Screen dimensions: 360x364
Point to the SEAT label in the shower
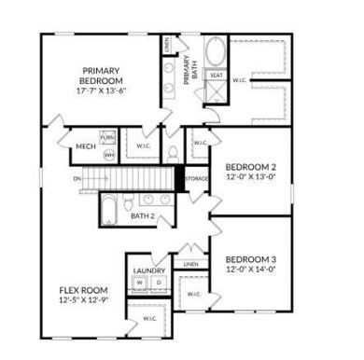click(216, 75)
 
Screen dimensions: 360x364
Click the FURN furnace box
click(108, 137)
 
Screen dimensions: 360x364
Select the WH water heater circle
click(108, 154)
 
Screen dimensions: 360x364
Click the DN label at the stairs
click(77, 177)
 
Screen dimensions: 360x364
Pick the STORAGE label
click(196, 177)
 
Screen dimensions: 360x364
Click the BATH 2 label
click(142, 216)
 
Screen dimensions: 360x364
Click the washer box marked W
click(140, 282)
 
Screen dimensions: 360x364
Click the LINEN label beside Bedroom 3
click(191, 264)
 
